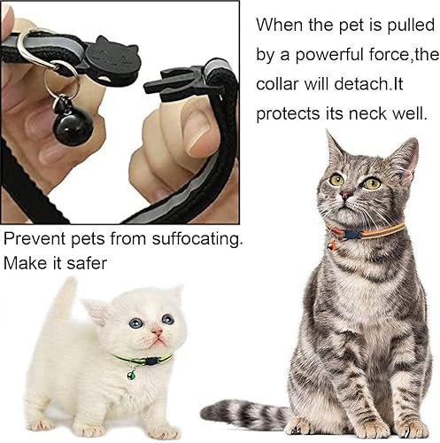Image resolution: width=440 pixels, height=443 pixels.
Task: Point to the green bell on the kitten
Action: tap(132, 375)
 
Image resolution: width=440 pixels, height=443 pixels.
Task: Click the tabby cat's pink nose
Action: tap(348, 194)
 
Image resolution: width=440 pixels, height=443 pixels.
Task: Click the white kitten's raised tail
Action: tap(65, 305)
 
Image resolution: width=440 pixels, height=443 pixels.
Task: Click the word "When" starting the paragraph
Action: tap(282, 26)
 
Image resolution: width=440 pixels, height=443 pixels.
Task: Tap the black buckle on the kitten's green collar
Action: tap(151, 361)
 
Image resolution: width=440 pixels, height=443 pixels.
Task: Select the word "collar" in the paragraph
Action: tap(282, 86)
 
